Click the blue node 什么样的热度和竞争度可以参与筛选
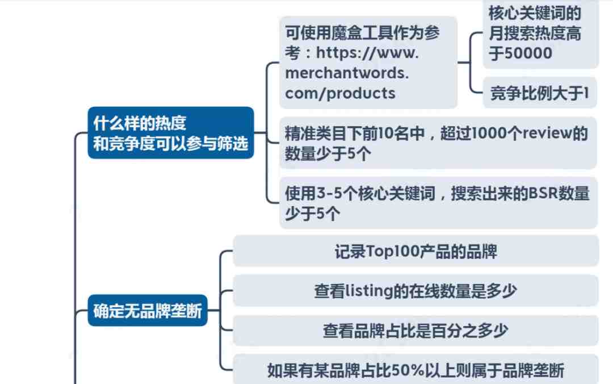click(x=171, y=133)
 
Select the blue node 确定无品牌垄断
click(x=148, y=310)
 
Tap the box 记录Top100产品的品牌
click(x=415, y=251)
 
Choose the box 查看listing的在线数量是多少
click(x=415, y=290)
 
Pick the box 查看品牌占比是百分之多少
click(x=415, y=331)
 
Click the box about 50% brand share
click(x=415, y=369)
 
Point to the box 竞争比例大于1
click(x=540, y=93)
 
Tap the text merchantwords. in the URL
click(x=347, y=73)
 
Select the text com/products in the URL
click(x=341, y=93)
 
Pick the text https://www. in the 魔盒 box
click(x=367, y=52)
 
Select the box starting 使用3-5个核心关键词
click(x=438, y=203)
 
